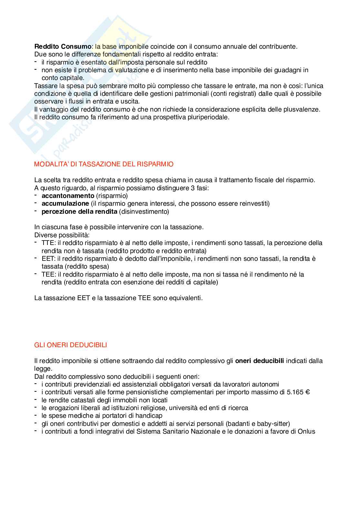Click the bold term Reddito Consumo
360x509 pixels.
pos(63,46)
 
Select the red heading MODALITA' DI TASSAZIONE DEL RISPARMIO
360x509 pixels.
pos(104,164)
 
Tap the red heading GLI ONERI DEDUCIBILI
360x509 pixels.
pos(70,345)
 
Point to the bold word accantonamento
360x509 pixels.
pos(68,196)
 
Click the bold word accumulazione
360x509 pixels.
pos(65,203)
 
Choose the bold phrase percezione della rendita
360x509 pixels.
pos(79,211)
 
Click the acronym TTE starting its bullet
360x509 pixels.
pos(47,243)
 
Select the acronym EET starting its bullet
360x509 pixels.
pos(47,259)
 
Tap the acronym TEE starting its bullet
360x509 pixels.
pos(47,274)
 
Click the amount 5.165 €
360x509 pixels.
pos(298,392)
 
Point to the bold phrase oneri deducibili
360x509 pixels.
pos(260,361)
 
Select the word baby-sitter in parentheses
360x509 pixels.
pos(274,424)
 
